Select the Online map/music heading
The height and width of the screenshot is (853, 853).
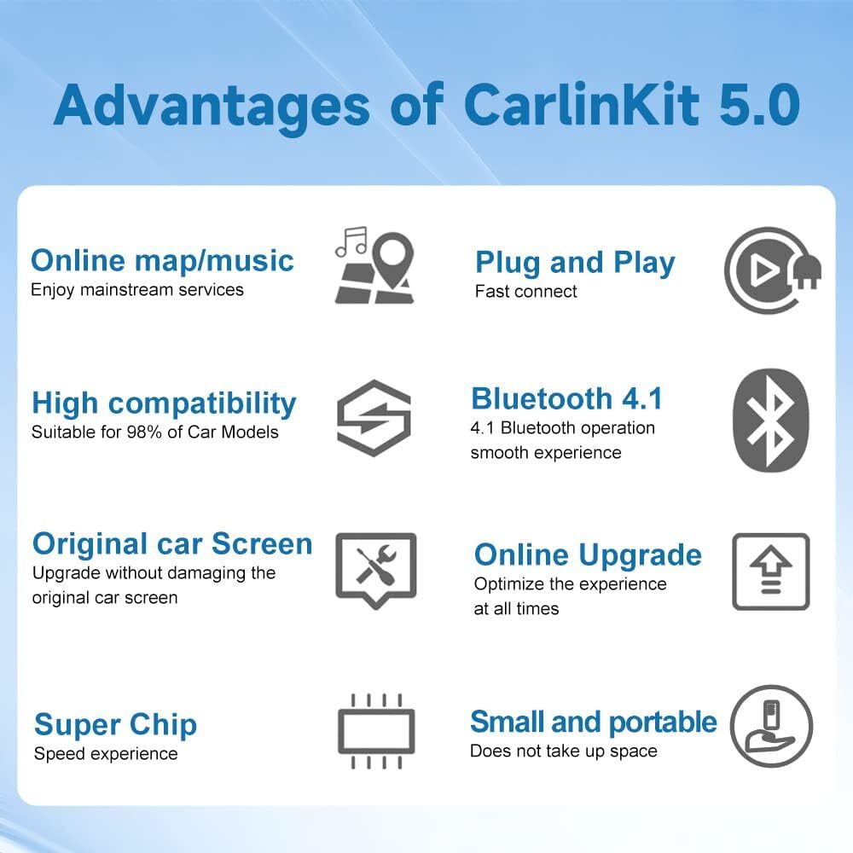point(162,260)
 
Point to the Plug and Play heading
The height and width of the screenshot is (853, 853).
point(574,263)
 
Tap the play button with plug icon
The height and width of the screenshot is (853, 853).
point(767,270)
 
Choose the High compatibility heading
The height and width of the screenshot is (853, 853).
point(164,403)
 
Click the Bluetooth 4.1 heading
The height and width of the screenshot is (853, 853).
point(566,398)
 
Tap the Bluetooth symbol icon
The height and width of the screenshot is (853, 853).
point(770,420)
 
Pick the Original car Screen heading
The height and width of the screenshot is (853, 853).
point(172,543)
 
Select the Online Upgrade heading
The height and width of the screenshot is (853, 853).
point(588,554)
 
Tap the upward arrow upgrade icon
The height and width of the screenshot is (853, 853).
point(770,572)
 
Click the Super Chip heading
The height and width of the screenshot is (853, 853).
point(115,725)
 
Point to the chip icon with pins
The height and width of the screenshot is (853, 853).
point(375,730)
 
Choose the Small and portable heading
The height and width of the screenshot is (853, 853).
point(593,722)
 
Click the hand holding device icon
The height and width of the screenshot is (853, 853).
point(770,728)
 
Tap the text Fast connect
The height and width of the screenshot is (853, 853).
point(525,291)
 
